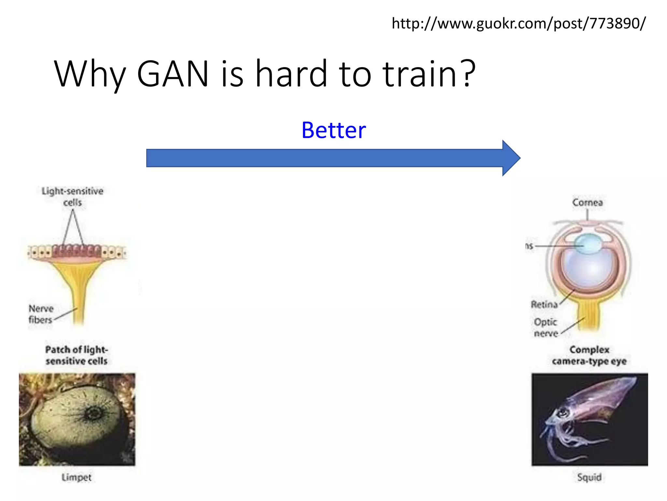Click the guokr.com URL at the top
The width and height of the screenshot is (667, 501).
518,23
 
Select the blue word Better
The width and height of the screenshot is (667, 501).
333,130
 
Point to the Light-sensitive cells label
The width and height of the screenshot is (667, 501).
72,196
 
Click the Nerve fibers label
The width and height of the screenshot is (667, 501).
41,314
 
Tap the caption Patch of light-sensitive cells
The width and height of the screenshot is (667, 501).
77,355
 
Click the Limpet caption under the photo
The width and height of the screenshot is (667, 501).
77,477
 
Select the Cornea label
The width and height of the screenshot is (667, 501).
588,203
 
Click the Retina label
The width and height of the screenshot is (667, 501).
544,304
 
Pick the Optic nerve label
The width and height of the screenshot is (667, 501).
546,327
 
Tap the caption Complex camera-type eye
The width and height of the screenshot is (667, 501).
589,355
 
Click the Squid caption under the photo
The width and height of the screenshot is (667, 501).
589,477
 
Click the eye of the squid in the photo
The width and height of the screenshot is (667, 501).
563,413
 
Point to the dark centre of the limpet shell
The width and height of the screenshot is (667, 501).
94,413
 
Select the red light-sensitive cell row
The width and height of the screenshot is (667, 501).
77,251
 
